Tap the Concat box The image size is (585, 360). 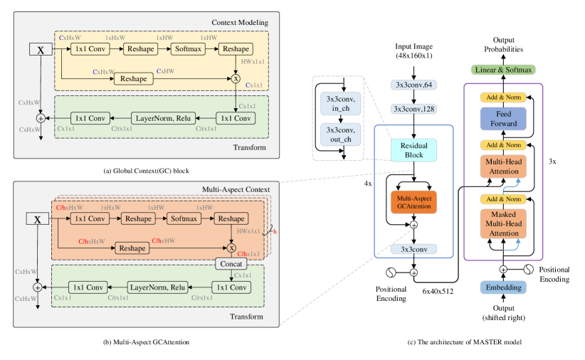point(231,264)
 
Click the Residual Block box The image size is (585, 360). point(413,150)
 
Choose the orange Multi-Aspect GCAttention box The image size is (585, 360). point(413,201)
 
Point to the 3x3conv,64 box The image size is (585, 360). point(413,85)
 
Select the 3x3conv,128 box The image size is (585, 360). point(413,109)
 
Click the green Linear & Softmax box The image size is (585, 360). point(502,70)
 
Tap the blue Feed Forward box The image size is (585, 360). point(502,119)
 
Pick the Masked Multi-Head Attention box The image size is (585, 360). point(502,223)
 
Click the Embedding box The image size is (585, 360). point(502,287)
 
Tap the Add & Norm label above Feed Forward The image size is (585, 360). point(502,96)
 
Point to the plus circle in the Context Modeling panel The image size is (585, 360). point(41,118)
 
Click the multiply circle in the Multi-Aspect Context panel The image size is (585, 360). point(231,248)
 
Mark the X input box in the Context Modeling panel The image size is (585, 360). point(40,49)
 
